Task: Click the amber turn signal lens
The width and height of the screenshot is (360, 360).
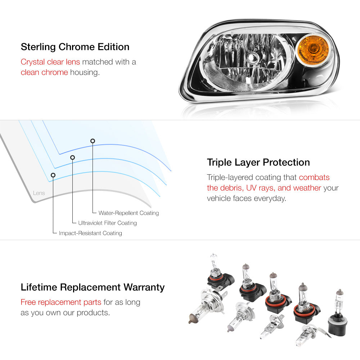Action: coord(313,50)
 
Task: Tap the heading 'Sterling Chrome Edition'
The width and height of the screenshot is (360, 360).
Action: coord(75,47)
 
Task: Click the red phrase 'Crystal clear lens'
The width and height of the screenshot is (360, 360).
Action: coord(50,62)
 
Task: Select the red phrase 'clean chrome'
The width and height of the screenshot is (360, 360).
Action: coord(44,72)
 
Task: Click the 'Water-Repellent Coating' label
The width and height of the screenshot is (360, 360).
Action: coord(129,213)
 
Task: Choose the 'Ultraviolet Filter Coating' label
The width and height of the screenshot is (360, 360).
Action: coord(107,223)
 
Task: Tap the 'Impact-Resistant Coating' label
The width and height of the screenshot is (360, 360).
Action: coord(90,233)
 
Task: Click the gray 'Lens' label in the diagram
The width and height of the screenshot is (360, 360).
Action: coord(39,193)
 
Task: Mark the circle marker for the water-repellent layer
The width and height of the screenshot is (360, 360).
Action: coord(93,141)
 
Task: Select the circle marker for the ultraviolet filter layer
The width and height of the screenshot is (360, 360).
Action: coord(73,157)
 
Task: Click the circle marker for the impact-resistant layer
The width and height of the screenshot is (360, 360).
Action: coord(53,175)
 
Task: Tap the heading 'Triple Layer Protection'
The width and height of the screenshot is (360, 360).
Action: coord(258,162)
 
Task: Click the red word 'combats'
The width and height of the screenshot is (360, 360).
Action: coord(314,177)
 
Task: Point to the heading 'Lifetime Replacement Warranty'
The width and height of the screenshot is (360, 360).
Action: coord(93,287)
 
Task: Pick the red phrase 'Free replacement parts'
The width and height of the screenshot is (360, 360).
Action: coord(61,302)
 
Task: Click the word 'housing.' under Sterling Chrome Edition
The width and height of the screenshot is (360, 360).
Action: coord(85,73)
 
